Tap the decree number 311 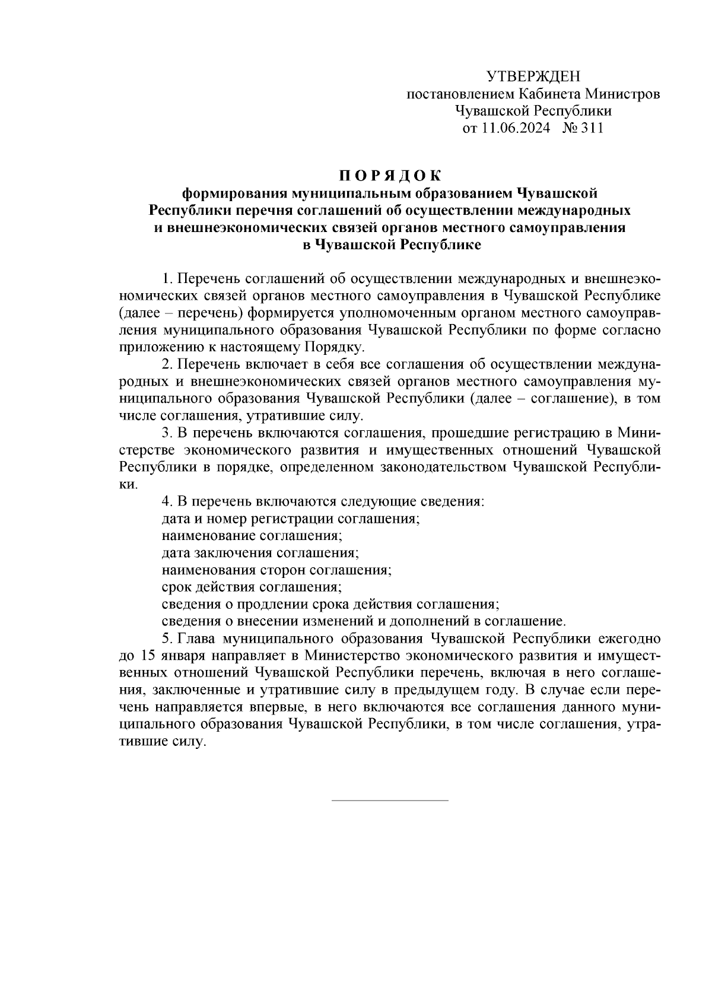[592, 128]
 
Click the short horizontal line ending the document [390, 800]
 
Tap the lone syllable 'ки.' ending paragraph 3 [129, 484]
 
